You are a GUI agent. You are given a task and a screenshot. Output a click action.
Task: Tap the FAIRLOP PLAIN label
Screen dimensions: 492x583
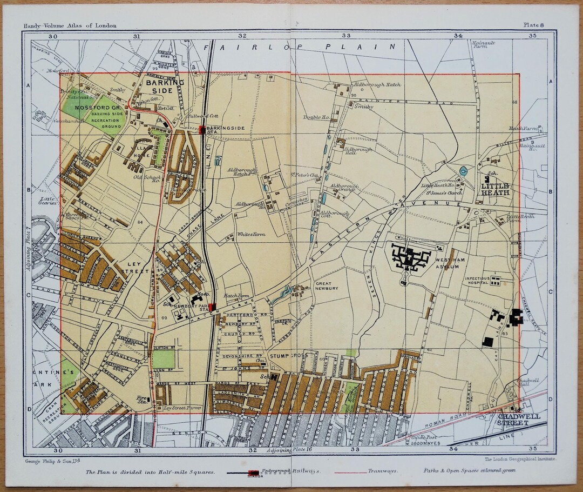[x=300, y=47]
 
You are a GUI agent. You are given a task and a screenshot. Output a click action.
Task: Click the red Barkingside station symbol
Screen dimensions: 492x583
[x=202, y=129]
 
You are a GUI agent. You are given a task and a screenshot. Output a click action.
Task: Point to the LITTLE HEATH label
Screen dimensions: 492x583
[x=495, y=189]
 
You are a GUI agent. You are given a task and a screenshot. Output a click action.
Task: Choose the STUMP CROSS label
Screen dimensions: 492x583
[x=288, y=356]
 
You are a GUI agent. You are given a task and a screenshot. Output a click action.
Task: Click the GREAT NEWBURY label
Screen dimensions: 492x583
[x=327, y=285]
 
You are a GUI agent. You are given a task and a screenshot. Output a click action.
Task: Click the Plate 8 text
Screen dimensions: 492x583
[x=534, y=25]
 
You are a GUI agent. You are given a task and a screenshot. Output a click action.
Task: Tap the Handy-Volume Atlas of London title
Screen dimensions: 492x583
[x=70, y=25]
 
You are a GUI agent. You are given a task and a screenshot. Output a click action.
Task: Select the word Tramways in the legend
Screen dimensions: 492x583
[x=383, y=470]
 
